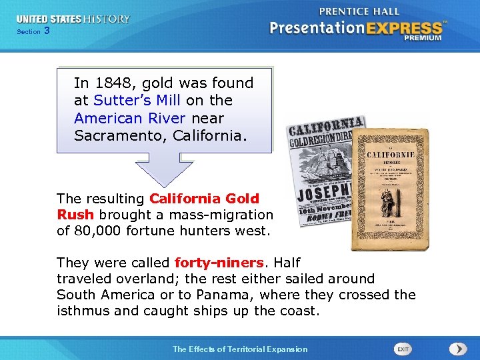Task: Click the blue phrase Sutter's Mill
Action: [130, 101]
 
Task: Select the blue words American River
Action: [131, 118]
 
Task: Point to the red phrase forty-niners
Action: [215, 263]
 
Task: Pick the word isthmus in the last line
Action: [82, 311]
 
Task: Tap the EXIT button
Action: [403, 349]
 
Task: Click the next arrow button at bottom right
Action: [458, 349]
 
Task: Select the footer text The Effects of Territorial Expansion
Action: [240, 349]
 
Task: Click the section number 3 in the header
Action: [47, 31]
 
